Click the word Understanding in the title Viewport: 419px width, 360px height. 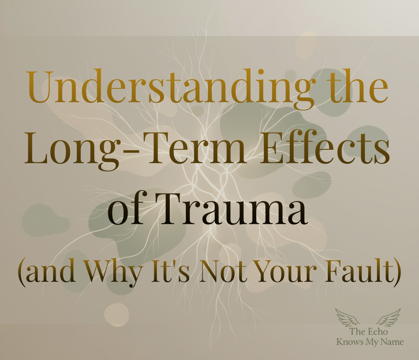click(171, 88)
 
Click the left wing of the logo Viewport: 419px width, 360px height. click(347, 317)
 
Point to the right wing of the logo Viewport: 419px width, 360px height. click(389, 317)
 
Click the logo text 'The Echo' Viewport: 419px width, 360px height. click(369, 331)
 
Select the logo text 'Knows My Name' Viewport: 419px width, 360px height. click(370, 342)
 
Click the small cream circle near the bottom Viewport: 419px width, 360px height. click(117, 315)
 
